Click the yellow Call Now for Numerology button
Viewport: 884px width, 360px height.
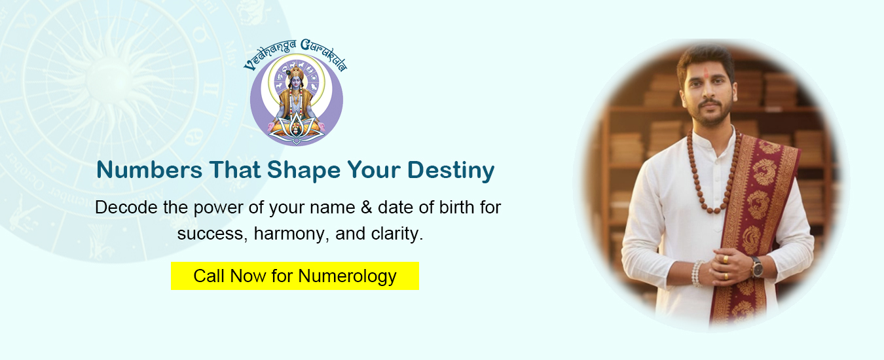coord(295,276)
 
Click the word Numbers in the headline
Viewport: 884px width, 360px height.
coord(149,170)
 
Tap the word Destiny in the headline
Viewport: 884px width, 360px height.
coord(451,171)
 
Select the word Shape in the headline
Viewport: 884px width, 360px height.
coord(304,171)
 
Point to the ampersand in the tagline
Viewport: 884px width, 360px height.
coord(367,207)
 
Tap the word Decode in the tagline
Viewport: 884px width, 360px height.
coord(126,207)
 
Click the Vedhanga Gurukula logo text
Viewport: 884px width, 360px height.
coord(295,53)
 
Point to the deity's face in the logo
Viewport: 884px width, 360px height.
coord(295,82)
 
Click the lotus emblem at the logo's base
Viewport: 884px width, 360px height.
coord(297,130)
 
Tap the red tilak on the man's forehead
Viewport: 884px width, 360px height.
coord(707,73)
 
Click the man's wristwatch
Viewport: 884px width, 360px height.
coord(756,268)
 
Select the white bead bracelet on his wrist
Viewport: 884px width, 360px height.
coord(697,273)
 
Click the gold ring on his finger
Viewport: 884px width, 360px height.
coord(726,259)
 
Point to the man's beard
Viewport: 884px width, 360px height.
coord(710,113)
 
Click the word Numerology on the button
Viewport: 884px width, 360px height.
coord(347,276)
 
